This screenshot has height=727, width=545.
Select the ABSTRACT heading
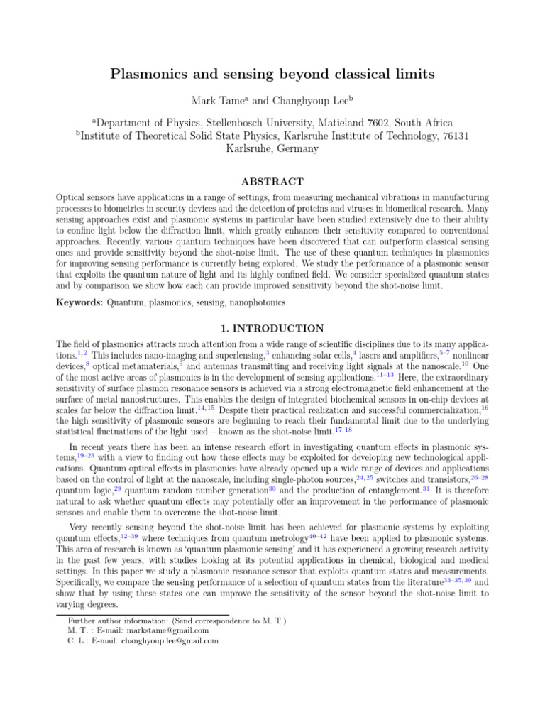[272, 182]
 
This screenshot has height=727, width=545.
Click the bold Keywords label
[79, 303]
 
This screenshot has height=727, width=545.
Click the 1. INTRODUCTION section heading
[272, 329]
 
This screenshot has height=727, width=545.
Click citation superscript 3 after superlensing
[267, 351]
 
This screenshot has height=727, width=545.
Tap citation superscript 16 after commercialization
[484, 408]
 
